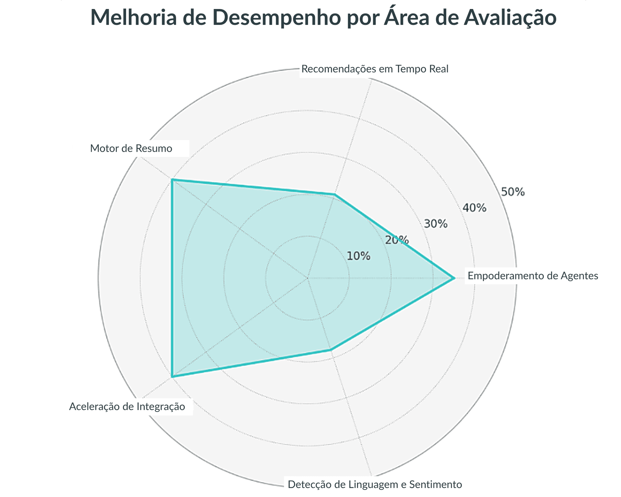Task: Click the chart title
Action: point(323,18)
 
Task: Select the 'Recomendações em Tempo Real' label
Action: point(375,69)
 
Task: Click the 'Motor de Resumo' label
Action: point(131,149)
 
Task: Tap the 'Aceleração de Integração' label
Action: point(127,406)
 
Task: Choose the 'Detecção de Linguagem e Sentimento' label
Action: point(375,484)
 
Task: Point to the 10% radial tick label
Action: point(358,256)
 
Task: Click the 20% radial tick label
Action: point(397,240)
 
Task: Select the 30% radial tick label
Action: point(436,224)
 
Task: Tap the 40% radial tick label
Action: point(474,208)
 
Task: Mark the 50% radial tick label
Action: point(513,192)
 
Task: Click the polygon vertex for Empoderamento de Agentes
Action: point(454,278)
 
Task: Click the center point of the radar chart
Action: point(308,278)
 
